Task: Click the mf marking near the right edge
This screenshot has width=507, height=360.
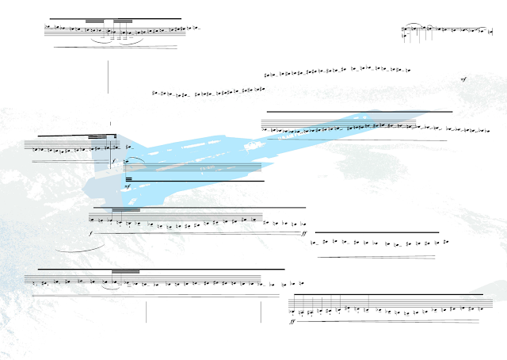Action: tap(463, 80)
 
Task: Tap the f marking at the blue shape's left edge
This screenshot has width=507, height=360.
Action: tap(113, 161)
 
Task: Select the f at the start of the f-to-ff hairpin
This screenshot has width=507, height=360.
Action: tap(91, 234)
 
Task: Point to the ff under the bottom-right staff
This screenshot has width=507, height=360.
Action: tap(293, 323)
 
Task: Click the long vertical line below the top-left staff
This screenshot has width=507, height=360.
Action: tap(108, 75)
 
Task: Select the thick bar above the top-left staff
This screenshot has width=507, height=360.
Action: tap(115, 18)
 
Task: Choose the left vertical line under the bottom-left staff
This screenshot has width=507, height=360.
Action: tap(147, 311)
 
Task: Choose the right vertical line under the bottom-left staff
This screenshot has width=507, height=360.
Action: tap(261, 311)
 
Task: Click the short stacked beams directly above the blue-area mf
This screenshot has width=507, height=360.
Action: tap(128, 180)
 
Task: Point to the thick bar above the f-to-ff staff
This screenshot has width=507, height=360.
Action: tap(198, 208)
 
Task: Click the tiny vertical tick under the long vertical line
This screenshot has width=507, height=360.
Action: tap(110, 124)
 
